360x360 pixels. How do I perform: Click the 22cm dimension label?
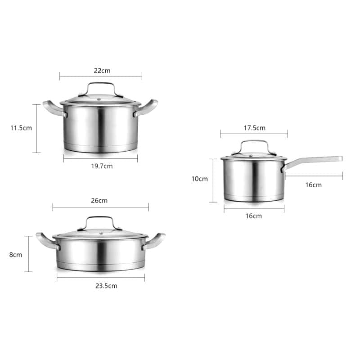click(102, 71)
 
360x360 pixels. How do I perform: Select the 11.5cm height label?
click(21, 128)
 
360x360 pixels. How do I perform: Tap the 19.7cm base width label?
click(102, 166)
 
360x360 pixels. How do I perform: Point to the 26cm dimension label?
click(99, 200)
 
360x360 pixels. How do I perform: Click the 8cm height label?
click(15, 255)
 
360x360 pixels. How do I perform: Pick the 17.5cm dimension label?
click(255, 128)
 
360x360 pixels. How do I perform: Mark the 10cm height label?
click(200, 179)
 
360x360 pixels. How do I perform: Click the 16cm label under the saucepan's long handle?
click(314, 185)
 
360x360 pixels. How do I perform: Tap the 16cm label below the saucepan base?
click(254, 216)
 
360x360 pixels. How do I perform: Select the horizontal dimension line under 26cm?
click(100, 207)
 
